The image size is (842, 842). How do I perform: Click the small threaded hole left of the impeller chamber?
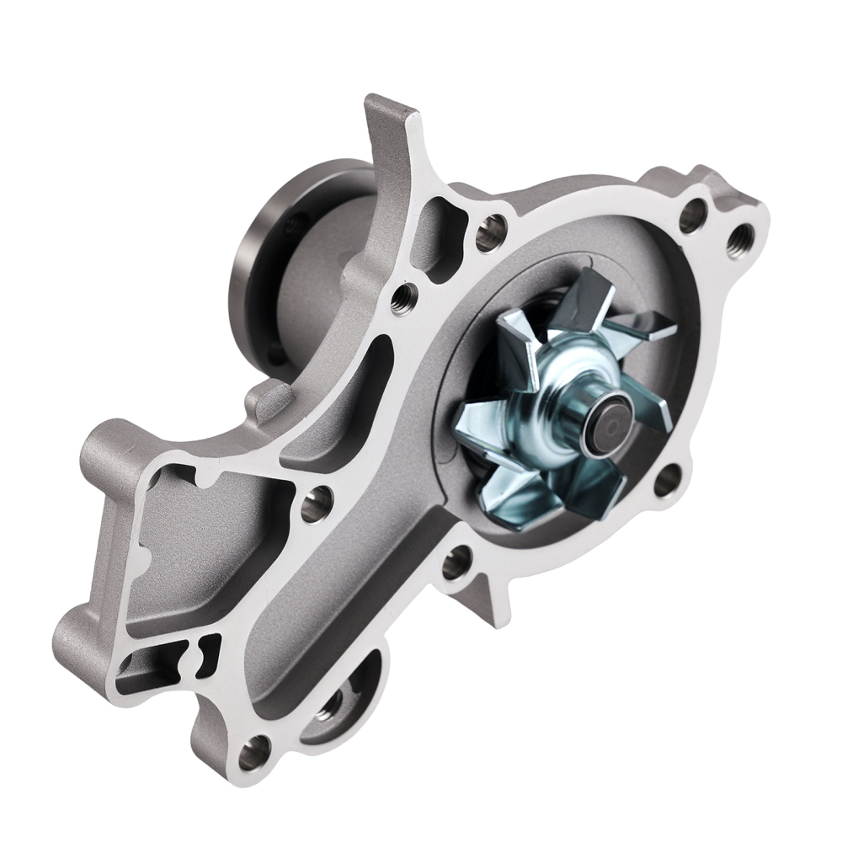pos(407,295)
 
